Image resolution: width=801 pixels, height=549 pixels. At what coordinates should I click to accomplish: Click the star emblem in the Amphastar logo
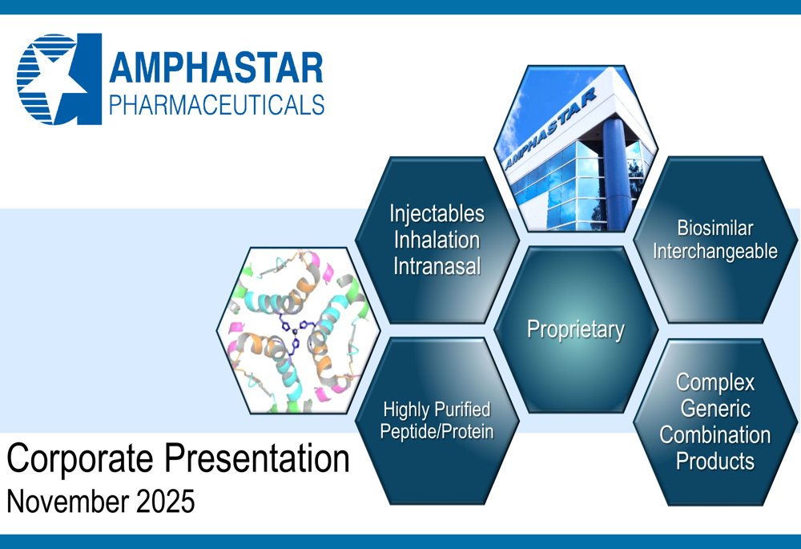click(x=58, y=79)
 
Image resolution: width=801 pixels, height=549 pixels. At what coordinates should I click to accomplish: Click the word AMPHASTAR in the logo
click(x=216, y=67)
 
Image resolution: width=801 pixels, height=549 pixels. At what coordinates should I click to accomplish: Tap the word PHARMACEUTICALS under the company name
click(x=216, y=105)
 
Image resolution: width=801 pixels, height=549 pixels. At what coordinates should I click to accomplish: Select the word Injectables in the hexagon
click(x=437, y=214)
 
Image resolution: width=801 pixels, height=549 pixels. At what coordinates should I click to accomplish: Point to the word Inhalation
click(x=437, y=240)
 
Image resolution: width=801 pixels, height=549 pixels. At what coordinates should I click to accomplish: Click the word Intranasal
click(x=437, y=266)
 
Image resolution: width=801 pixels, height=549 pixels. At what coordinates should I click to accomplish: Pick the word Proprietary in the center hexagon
click(x=576, y=329)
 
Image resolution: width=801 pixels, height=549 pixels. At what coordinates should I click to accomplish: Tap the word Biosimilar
click(x=715, y=228)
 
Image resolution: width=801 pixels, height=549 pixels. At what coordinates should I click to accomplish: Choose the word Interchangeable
click(x=715, y=252)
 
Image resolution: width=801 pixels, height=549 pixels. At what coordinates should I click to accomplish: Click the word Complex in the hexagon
click(x=715, y=382)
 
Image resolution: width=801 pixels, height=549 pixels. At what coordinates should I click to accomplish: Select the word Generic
click(x=715, y=409)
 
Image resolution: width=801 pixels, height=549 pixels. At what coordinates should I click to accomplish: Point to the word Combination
click(x=715, y=435)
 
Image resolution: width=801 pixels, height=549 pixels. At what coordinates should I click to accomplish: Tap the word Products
click(x=715, y=461)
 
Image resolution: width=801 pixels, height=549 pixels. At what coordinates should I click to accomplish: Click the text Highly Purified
click(x=437, y=410)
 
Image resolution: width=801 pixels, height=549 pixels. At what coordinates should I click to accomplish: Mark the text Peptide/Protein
click(x=437, y=432)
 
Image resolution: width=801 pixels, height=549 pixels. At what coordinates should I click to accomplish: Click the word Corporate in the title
click(x=79, y=459)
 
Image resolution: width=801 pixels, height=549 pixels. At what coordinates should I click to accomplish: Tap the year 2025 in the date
click(x=166, y=501)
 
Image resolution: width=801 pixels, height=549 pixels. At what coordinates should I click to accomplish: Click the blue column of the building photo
click(x=616, y=174)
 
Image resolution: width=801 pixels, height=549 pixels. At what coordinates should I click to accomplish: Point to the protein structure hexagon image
click(x=298, y=331)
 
